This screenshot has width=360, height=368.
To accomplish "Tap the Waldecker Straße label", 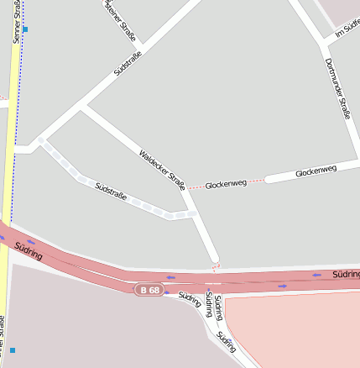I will pos(161,169).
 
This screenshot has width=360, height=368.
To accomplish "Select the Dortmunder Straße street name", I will pos(337,88).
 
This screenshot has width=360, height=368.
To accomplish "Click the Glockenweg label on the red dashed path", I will pos(226,183).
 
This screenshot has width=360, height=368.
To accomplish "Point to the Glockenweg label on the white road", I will pos(316,171).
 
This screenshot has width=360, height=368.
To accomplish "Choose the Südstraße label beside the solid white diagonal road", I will pos(128,66).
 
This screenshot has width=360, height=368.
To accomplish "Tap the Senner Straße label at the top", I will pos(17,22).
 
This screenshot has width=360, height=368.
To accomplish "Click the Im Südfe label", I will pos(347,30).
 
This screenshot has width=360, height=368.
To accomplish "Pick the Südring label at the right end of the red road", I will pos(346,274).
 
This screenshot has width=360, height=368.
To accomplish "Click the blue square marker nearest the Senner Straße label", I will pos(25,29).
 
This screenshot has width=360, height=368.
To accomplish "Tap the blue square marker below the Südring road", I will pos(13,350).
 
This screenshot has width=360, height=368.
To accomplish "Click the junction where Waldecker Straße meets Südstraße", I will pos(82,108).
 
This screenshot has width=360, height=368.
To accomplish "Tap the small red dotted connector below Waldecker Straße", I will pos(215,267).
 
